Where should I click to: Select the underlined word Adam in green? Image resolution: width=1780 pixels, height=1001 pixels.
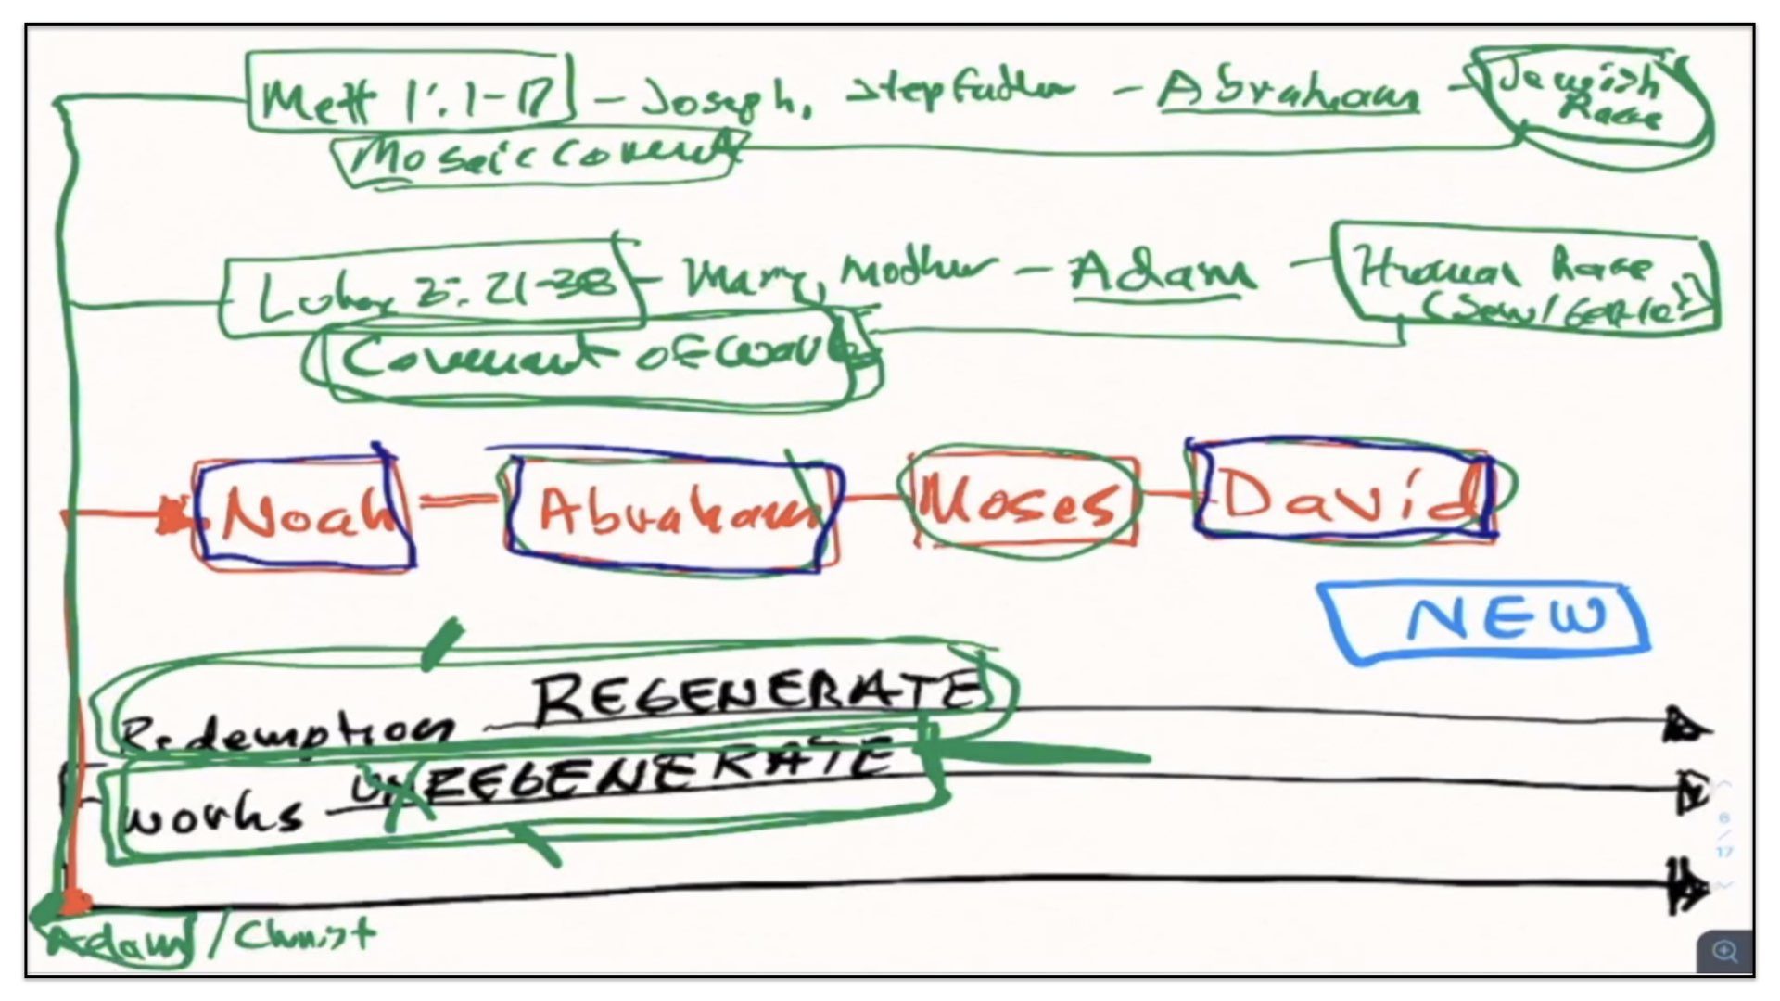pos(1162,273)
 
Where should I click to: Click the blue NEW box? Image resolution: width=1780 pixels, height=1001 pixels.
pos(1488,621)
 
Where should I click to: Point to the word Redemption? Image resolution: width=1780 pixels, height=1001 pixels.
pos(287,732)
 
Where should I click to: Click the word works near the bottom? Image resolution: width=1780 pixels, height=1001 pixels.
pos(213,816)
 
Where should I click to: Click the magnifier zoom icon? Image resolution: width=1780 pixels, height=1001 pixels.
pos(1725,951)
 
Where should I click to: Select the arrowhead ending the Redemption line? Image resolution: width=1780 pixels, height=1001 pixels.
pos(1685,727)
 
